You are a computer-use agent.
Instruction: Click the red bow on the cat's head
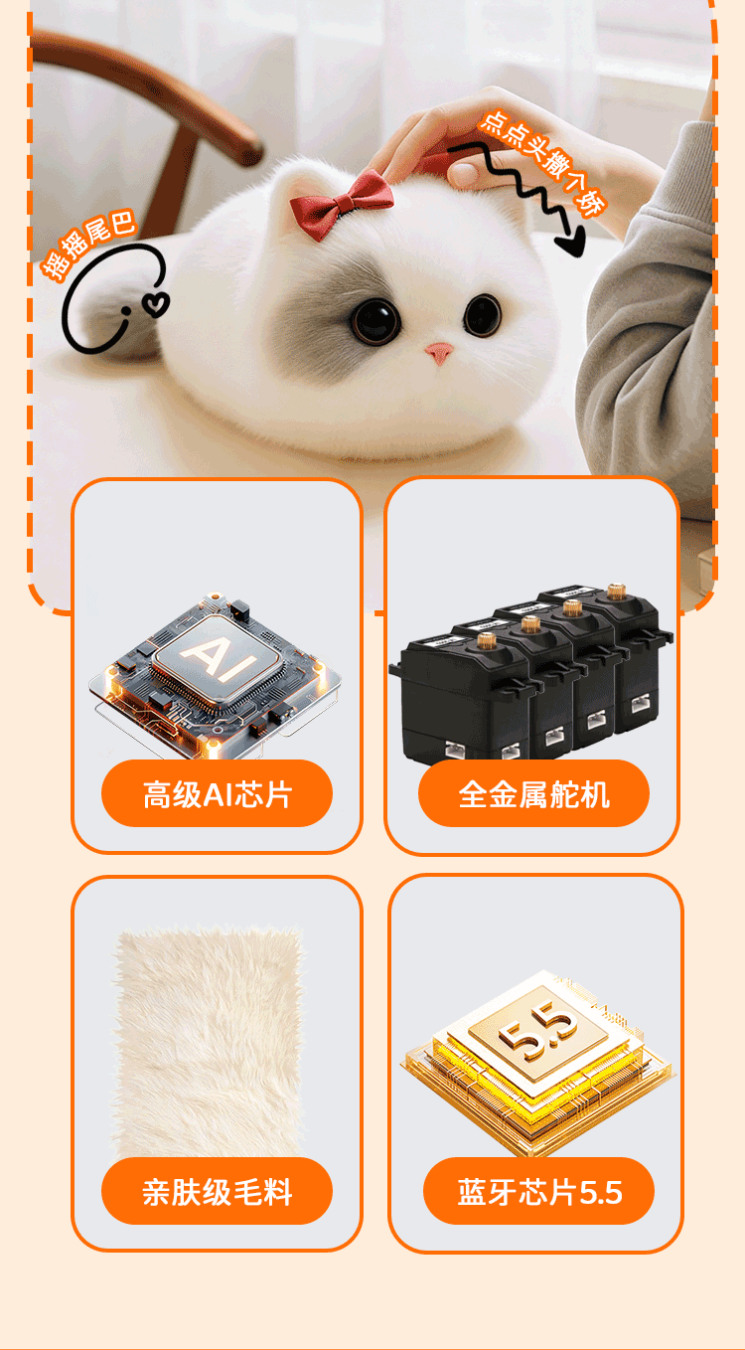click(x=342, y=203)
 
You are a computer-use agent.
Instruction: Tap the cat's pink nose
click(x=440, y=353)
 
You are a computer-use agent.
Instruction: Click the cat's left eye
click(x=374, y=318)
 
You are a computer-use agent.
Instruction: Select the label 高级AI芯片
click(x=217, y=794)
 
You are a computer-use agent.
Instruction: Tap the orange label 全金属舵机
click(x=533, y=794)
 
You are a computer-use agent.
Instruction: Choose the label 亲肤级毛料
click(x=217, y=1191)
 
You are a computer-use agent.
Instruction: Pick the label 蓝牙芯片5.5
click(x=538, y=1191)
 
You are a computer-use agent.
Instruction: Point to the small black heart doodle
click(x=156, y=301)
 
